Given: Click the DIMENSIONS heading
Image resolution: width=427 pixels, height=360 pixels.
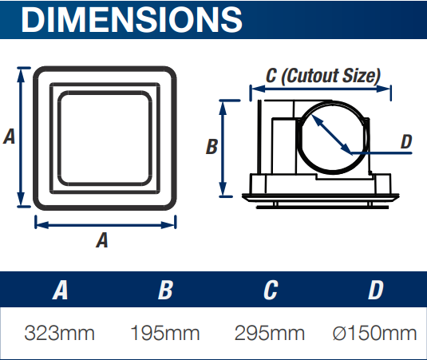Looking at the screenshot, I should [x=132, y=19].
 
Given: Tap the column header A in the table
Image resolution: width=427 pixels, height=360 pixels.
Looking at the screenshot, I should [x=60, y=290].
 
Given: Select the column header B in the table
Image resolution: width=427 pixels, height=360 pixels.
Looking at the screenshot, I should [x=165, y=290].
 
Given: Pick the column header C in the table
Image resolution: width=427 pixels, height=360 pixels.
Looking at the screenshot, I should [x=271, y=290].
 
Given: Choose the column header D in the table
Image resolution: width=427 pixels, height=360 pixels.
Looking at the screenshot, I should [x=375, y=290].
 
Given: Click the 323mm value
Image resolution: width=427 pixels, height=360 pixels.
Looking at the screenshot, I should [x=60, y=332].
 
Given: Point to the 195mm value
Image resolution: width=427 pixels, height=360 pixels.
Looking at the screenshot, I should [x=165, y=332].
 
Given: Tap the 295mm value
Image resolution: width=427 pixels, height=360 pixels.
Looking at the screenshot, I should [x=271, y=332].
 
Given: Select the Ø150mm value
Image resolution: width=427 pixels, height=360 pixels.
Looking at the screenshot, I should [x=374, y=332].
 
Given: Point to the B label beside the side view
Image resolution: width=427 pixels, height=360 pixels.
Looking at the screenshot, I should [x=212, y=147].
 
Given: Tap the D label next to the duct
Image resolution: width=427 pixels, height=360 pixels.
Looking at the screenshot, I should [x=405, y=142].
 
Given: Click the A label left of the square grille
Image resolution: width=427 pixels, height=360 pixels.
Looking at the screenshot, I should [x=10, y=136].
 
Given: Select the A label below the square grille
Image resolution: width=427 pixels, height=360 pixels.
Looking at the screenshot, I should [x=102, y=239].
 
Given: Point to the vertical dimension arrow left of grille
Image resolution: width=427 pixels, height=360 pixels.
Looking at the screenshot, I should [x=22, y=138].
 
